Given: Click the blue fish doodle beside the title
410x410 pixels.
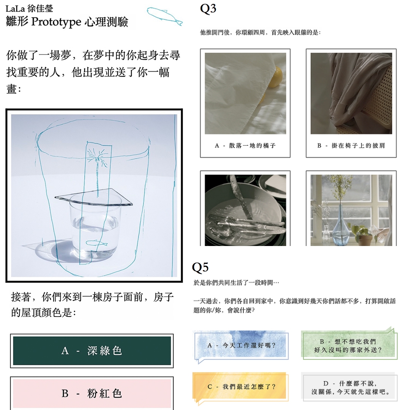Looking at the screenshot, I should point(164,15).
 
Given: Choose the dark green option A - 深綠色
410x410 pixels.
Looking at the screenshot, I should point(92,351).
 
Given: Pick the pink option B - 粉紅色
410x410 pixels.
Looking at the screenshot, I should point(92,393).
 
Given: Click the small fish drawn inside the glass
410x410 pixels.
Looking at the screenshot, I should point(96,243).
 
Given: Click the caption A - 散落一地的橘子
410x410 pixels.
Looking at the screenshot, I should point(245,145).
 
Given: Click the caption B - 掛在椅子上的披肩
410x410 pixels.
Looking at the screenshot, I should point(351,145).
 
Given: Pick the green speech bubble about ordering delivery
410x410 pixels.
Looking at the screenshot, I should point(348,345).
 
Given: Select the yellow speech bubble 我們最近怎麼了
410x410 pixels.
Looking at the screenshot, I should point(240,387).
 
